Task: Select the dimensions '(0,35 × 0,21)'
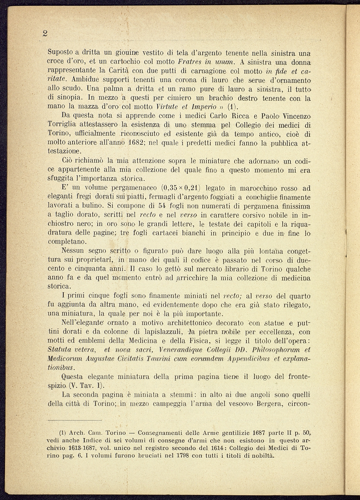[182, 188]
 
